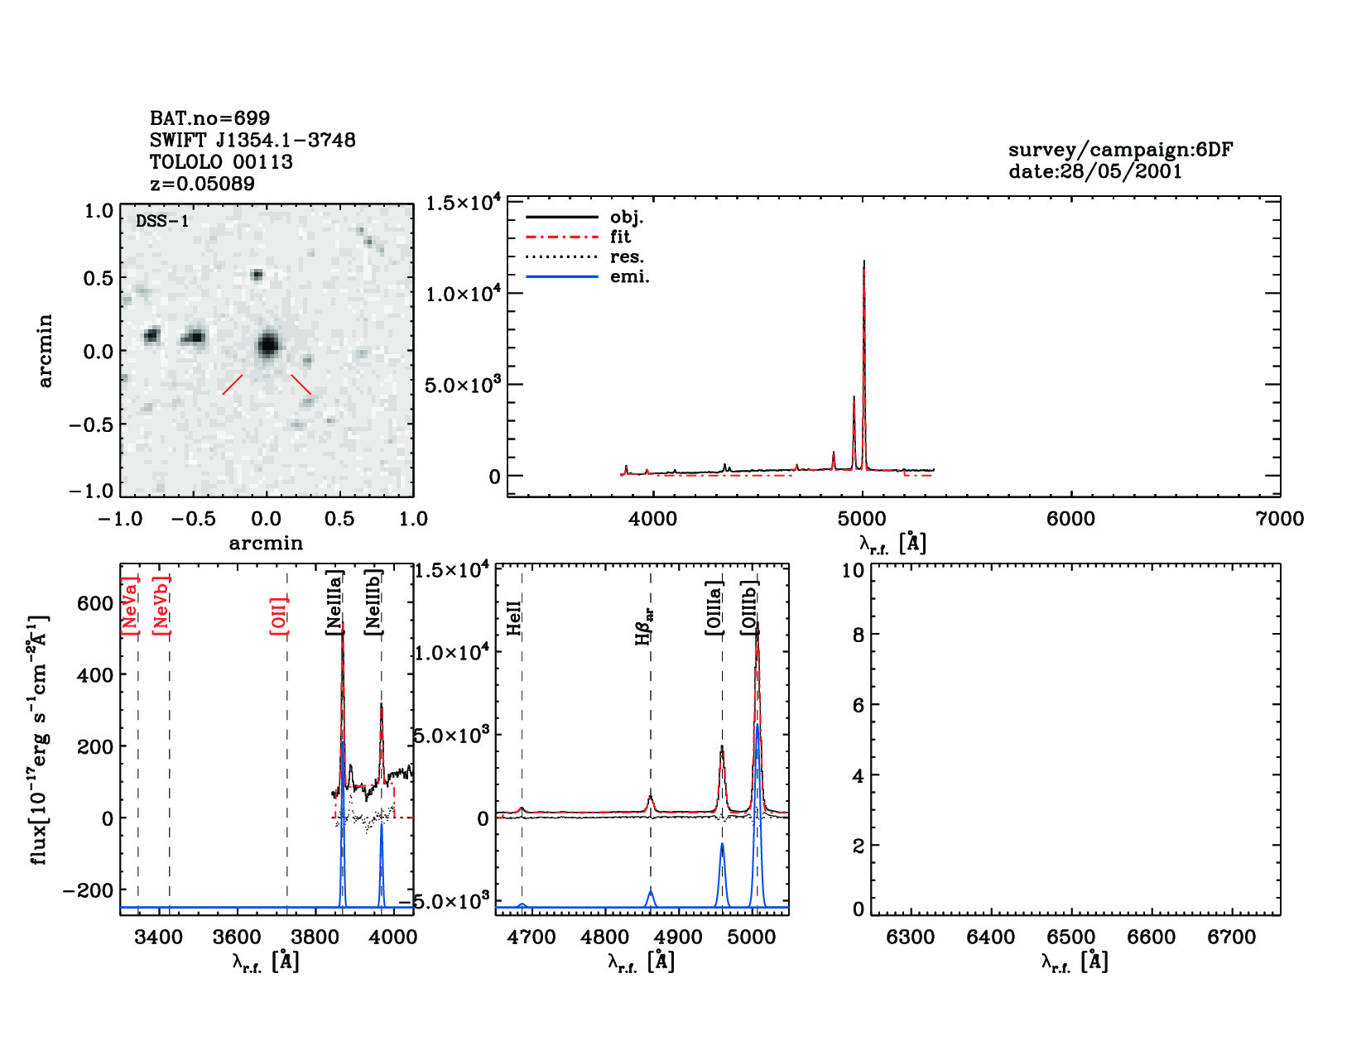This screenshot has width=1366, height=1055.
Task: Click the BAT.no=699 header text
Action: (209, 118)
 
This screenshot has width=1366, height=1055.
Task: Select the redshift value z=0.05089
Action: (202, 184)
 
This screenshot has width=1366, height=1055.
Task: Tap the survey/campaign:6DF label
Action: (1120, 150)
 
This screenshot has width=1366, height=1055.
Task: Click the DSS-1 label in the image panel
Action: (162, 222)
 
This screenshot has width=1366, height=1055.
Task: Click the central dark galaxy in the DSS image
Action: (267, 344)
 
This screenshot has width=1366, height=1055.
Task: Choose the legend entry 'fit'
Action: (620, 237)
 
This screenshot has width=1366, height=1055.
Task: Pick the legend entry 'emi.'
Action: (629, 277)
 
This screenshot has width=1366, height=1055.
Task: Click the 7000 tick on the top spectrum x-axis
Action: (1280, 519)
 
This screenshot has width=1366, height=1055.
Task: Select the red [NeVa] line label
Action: (130, 606)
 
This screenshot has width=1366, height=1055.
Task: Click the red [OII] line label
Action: (279, 616)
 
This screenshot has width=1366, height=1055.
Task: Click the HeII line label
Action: (514, 618)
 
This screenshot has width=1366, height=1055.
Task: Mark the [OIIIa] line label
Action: (714, 608)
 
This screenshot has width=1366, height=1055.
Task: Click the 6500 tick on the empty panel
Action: (1071, 937)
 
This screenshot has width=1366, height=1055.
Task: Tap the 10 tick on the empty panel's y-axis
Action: (853, 570)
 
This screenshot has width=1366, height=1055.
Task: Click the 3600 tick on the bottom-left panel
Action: (237, 937)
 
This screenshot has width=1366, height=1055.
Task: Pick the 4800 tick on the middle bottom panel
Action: (604, 937)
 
